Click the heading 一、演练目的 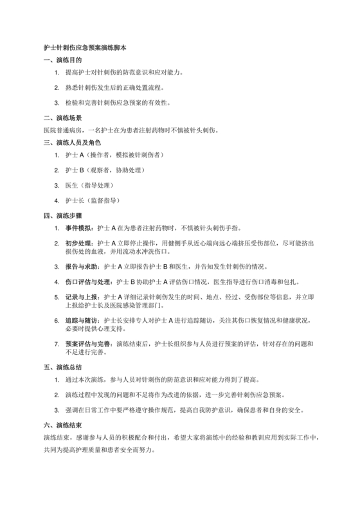(62, 60)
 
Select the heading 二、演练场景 (62, 118)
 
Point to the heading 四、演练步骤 (62, 215)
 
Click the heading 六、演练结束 (62, 425)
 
